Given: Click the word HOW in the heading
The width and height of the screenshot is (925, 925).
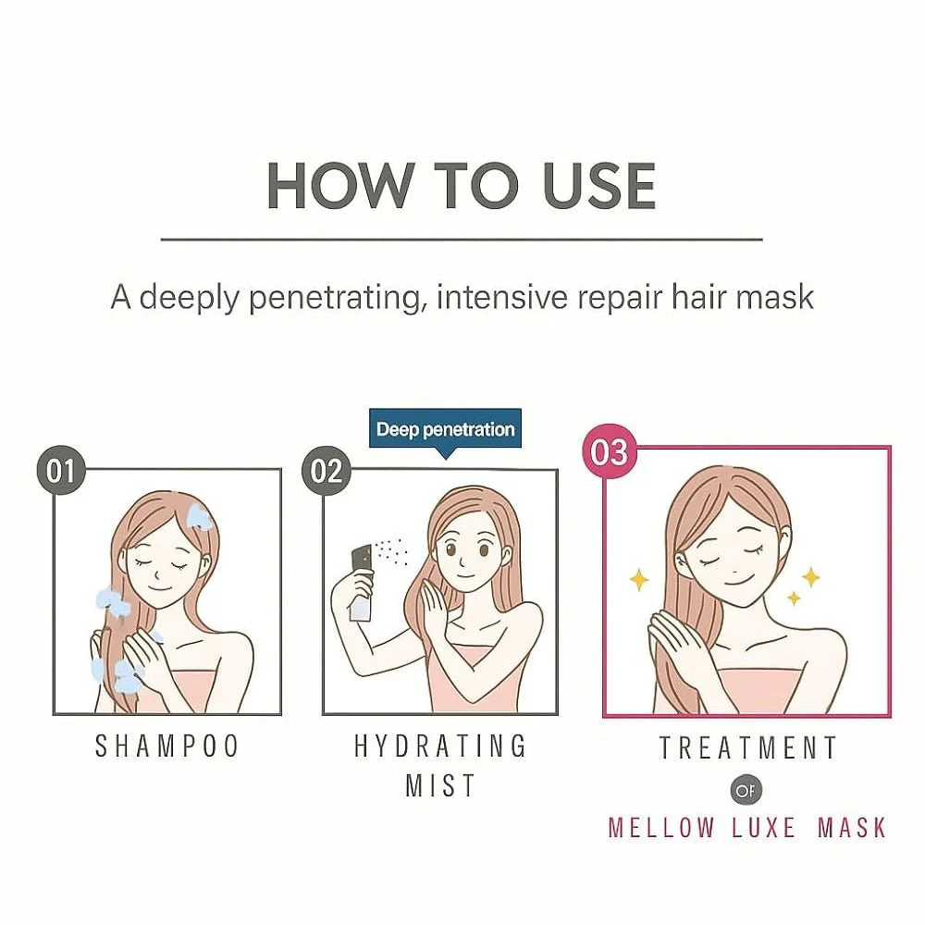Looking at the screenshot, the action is pyautogui.click(x=340, y=186).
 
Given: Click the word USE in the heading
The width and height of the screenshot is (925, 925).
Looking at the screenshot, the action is pyautogui.click(x=599, y=186).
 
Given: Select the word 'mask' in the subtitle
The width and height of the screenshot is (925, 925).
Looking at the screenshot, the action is pyautogui.click(x=774, y=297).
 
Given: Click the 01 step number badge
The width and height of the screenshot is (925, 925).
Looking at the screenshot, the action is pyautogui.click(x=61, y=471).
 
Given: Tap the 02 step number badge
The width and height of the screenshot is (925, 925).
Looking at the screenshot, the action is pyautogui.click(x=327, y=471).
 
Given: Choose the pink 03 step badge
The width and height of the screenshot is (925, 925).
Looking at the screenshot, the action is pyautogui.click(x=610, y=452).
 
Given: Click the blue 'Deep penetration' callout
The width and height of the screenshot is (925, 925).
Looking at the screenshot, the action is pyautogui.click(x=446, y=429).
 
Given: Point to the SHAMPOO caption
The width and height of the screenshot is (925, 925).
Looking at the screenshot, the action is pyautogui.click(x=166, y=746).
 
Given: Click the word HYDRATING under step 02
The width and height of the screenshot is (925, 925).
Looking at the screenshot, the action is pyautogui.click(x=440, y=746).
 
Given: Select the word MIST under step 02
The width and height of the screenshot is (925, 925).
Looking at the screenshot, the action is pyautogui.click(x=440, y=785).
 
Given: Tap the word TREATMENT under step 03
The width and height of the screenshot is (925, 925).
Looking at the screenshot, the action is pyautogui.click(x=747, y=748).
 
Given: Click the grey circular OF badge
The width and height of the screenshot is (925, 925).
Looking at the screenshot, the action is pyautogui.click(x=746, y=790).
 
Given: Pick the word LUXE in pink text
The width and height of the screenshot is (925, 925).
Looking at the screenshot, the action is pyautogui.click(x=763, y=828).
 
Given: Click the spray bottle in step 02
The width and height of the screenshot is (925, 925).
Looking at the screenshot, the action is pyautogui.click(x=362, y=584).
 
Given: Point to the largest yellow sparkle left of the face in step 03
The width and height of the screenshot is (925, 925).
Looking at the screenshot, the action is pyautogui.click(x=639, y=580).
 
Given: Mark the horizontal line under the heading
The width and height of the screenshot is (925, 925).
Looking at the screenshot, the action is pyautogui.click(x=462, y=240).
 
